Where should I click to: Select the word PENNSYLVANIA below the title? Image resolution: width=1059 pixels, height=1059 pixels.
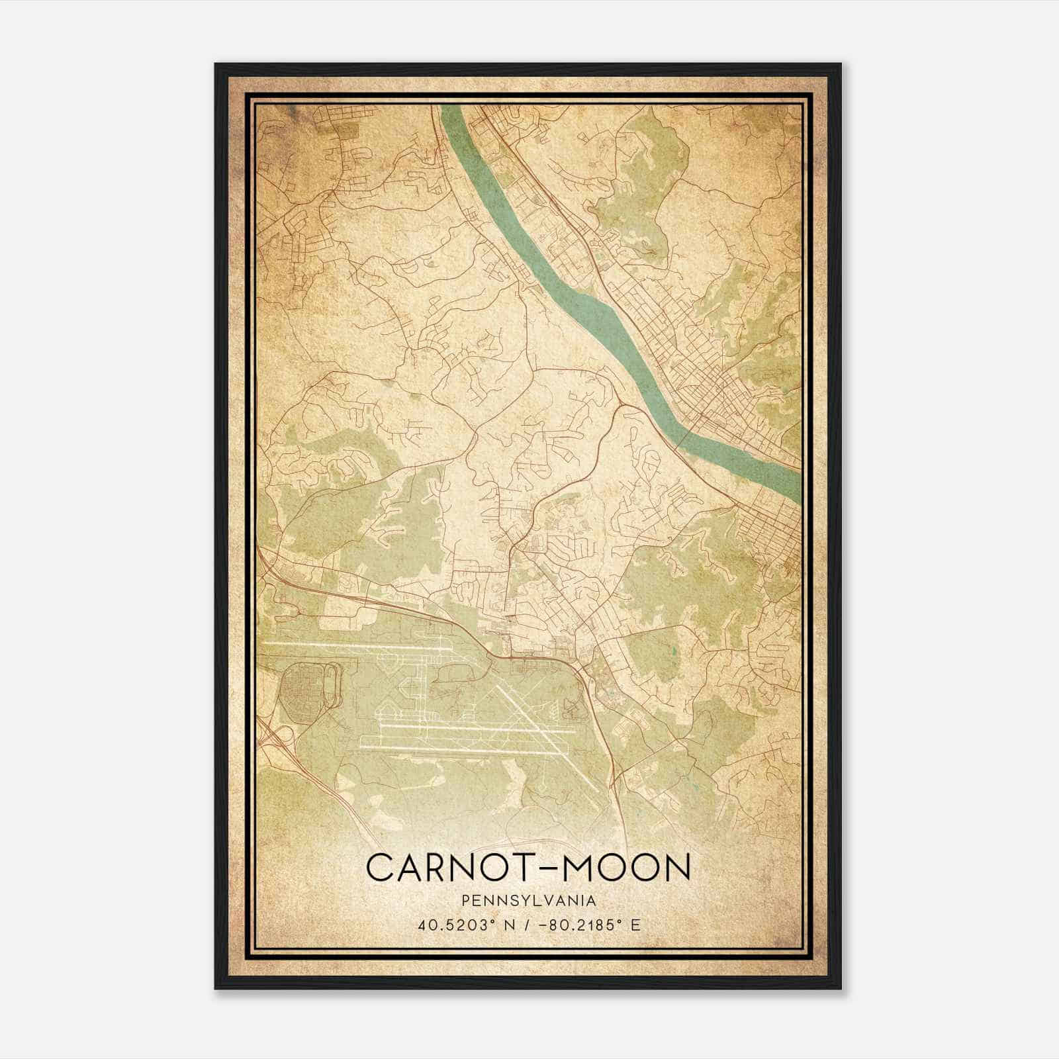(x=529, y=901)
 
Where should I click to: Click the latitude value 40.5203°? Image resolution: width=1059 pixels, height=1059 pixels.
(x=457, y=925)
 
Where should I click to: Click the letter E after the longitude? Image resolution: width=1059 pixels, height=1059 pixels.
(x=635, y=925)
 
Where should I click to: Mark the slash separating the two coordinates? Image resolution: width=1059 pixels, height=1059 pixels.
(x=524, y=925)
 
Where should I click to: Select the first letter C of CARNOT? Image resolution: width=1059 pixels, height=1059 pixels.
(x=379, y=867)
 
